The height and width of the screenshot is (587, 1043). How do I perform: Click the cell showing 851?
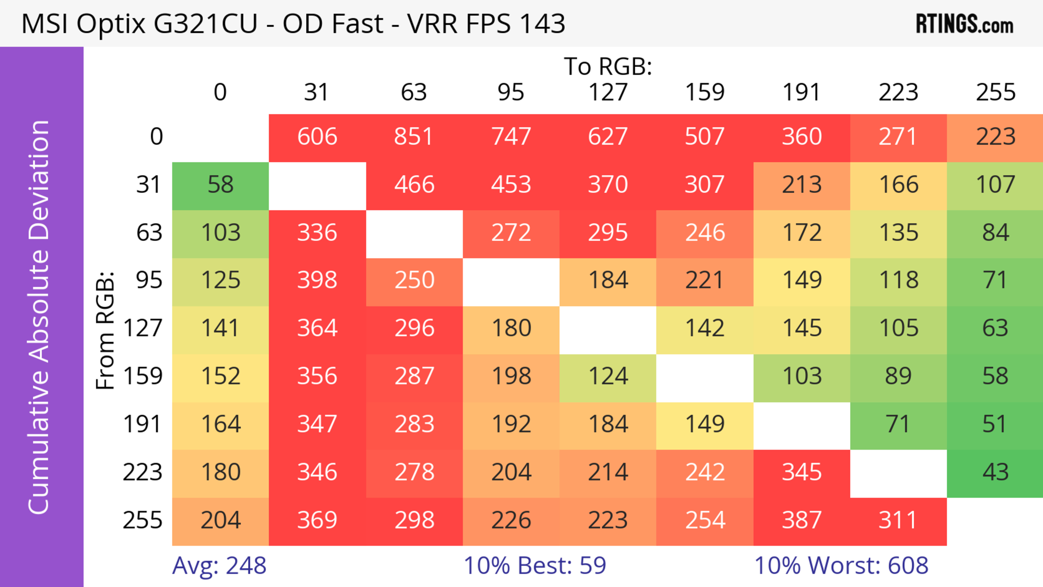(x=414, y=137)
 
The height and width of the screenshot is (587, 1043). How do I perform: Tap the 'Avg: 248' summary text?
(x=219, y=565)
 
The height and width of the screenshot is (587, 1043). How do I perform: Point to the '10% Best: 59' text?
(x=535, y=565)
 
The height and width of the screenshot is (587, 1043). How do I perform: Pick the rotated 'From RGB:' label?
(x=105, y=330)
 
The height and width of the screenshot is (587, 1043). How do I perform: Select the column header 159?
(x=705, y=92)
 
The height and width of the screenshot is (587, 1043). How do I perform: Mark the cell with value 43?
(x=995, y=472)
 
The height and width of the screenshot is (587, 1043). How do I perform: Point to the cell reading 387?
(x=802, y=520)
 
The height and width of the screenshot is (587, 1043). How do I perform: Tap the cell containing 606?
(x=317, y=137)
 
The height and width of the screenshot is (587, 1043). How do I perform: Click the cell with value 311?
(x=898, y=520)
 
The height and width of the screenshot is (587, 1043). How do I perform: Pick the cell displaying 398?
(x=317, y=280)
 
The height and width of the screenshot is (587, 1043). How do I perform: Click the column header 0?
(x=220, y=92)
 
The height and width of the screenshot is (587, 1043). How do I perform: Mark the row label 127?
(x=143, y=328)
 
